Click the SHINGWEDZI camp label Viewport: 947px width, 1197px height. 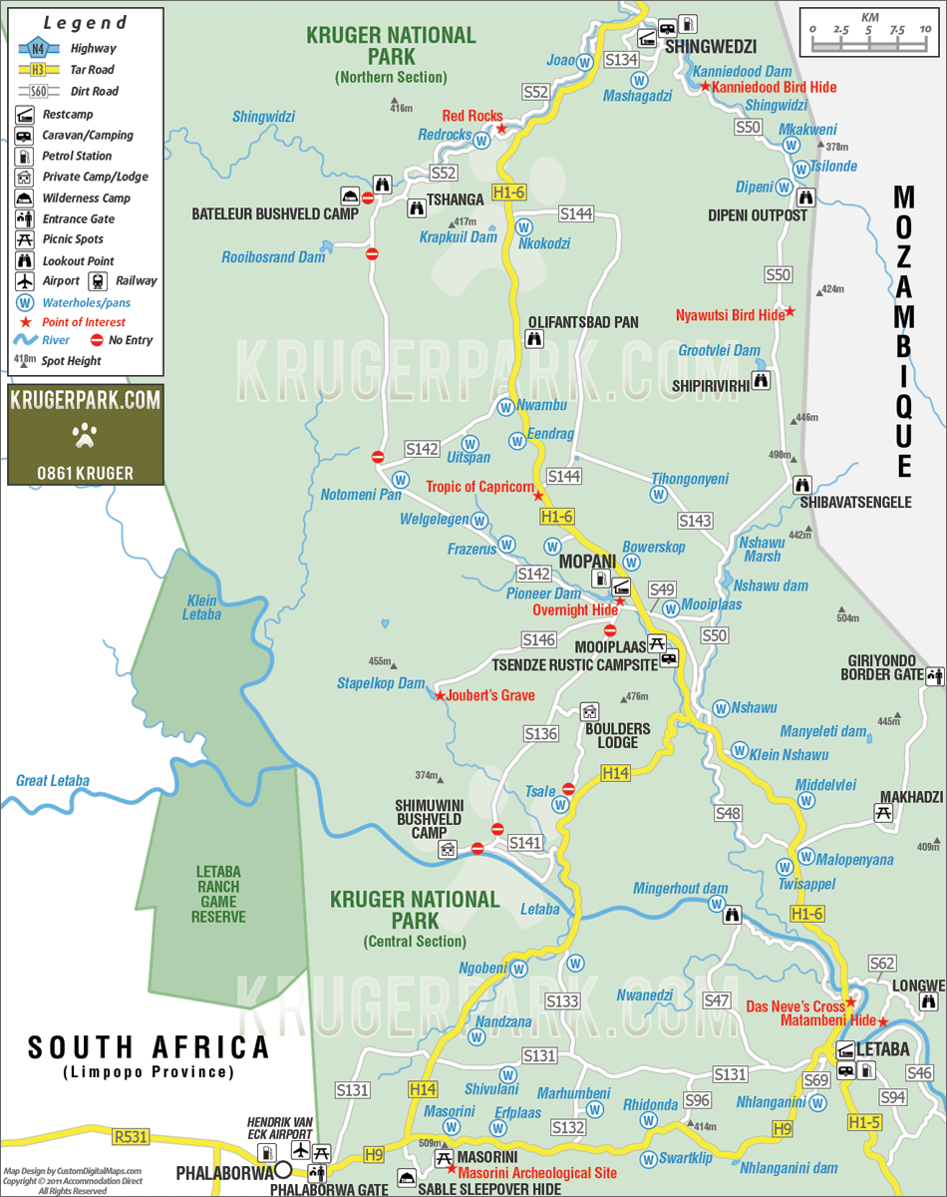pos(711,47)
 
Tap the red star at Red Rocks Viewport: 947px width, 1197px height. pos(502,129)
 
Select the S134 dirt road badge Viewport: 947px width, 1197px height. pos(620,60)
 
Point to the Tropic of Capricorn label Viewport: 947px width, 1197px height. pos(480,487)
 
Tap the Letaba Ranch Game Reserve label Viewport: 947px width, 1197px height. pos(218,894)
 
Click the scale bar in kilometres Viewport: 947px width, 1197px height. pos(870,39)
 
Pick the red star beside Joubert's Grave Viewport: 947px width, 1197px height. pos(439,695)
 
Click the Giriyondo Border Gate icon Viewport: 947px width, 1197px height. pos(934,676)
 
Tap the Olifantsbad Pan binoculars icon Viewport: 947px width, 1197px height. pos(534,339)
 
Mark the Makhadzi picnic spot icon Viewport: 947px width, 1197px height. pos(882,813)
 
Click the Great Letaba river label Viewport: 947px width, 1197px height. pos(53,781)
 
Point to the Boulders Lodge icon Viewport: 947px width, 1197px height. pos(590,711)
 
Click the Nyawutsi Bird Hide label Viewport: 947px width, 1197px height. pos(730,315)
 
